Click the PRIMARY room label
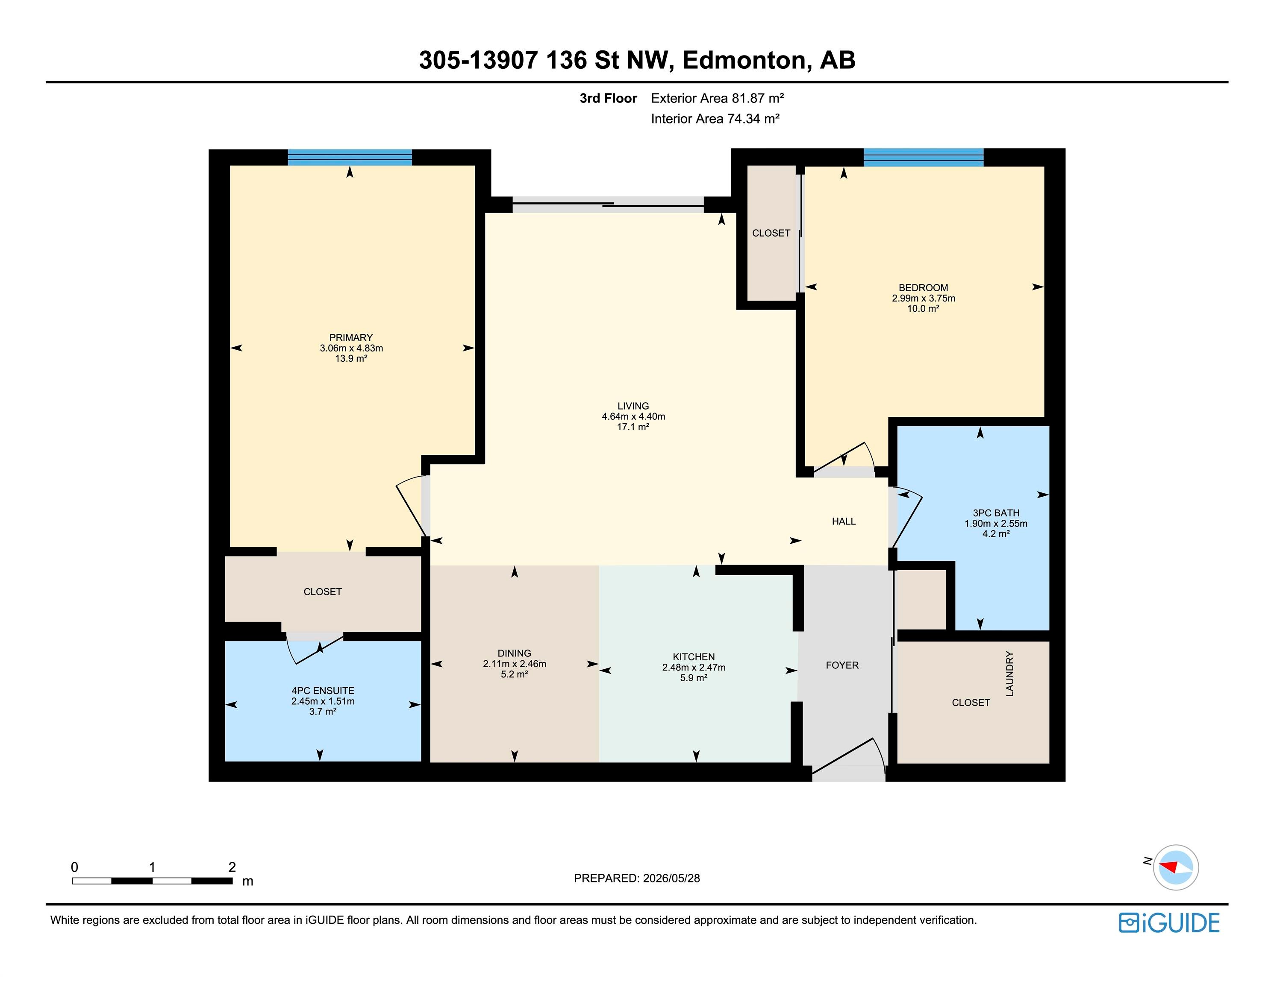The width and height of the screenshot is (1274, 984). click(x=350, y=337)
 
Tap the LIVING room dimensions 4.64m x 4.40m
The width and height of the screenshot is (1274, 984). click(x=633, y=416)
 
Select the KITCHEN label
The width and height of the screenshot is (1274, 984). click(x=694, y=657)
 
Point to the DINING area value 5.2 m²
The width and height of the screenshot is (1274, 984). click(x=514, y=674)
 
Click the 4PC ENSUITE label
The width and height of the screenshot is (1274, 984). click(x=323, y=691)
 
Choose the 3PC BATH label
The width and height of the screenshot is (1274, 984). click(x=996, y=513)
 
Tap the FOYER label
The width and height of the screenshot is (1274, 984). click(x=842, y=665)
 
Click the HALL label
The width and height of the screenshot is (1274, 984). click(x=844, y=521)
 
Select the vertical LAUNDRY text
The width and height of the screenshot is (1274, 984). click(x=1010, y=674)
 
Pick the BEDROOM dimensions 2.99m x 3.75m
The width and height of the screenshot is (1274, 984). click(x=924, y=298)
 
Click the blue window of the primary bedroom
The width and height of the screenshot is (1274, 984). click(x=350, y=158)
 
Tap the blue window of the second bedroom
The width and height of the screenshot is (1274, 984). click(x=924, y=158)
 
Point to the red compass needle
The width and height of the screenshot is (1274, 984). click(x=1168, y=866)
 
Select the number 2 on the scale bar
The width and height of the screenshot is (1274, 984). click(x=232, y=867)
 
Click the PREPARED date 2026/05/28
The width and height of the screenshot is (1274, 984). click(x=671, y=878)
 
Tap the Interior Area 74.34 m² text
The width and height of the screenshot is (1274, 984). click(x=715, y=119)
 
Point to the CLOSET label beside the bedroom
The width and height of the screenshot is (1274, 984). click(x=771, y=233)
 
